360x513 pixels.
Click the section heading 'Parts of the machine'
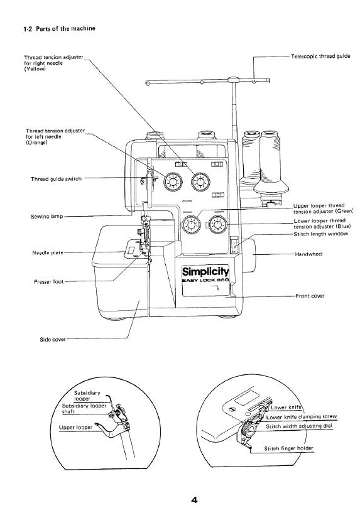point(60,28)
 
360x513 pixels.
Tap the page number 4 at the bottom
point(195,500)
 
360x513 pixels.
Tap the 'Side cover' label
point(53,339)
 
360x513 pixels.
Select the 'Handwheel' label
point(308,254)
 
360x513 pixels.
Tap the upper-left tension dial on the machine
point(171,182)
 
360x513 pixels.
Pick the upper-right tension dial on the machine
point(200,182)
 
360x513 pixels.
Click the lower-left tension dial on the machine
point(189,226)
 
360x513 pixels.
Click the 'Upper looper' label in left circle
point(77,427)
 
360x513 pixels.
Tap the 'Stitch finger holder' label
point(288,448)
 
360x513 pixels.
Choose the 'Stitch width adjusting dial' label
point(299,426)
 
